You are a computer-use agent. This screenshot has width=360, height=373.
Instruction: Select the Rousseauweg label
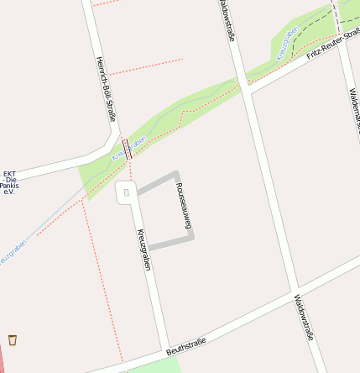point(185,206)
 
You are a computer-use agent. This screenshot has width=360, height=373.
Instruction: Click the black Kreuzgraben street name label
point(143,249)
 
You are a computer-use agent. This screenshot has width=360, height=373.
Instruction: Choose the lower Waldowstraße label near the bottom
point(304,317)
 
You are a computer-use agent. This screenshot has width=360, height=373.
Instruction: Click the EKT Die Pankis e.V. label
point(9,183)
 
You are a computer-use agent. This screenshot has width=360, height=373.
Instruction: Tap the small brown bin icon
point(12,339)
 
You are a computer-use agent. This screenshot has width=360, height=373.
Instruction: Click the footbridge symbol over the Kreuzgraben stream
point(127,149)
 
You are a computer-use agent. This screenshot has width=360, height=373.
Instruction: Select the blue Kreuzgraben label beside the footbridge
point(129,149)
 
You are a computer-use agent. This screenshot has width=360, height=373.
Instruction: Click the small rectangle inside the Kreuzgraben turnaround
point(126,192)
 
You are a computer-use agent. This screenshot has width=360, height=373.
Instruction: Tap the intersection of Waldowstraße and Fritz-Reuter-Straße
point(247,84)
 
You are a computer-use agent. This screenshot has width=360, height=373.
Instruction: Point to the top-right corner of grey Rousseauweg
point(176,175)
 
